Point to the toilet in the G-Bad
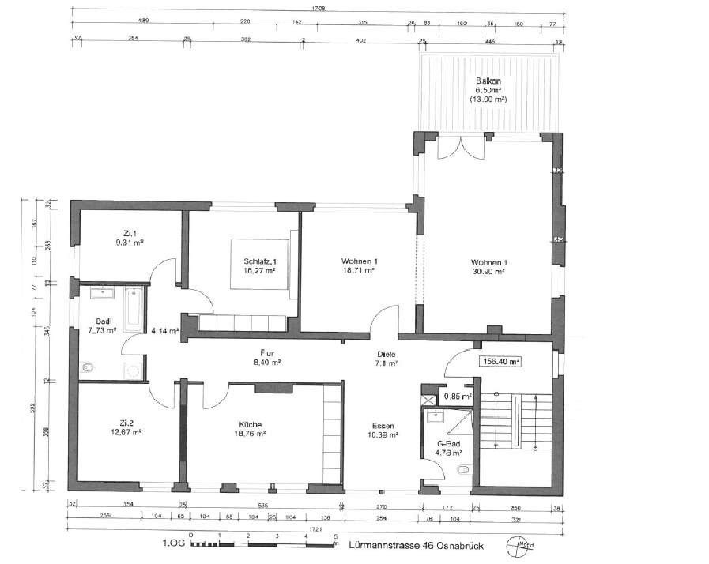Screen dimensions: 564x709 click(x=463, y=472)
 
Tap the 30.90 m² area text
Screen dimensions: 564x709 click(x=488, y=271)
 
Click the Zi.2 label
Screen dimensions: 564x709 click(x=126, y=422)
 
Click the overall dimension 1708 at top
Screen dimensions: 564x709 click(x=319, y=8)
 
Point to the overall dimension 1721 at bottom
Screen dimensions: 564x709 click(x=318, y=528)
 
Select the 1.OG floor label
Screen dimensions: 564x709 click(x=173, y=544)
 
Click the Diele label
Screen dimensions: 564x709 click(x=387, y=354)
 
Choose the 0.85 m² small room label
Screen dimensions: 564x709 click(x=457, y=397)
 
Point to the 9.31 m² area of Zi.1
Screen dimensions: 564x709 click(x=127, y=243)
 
